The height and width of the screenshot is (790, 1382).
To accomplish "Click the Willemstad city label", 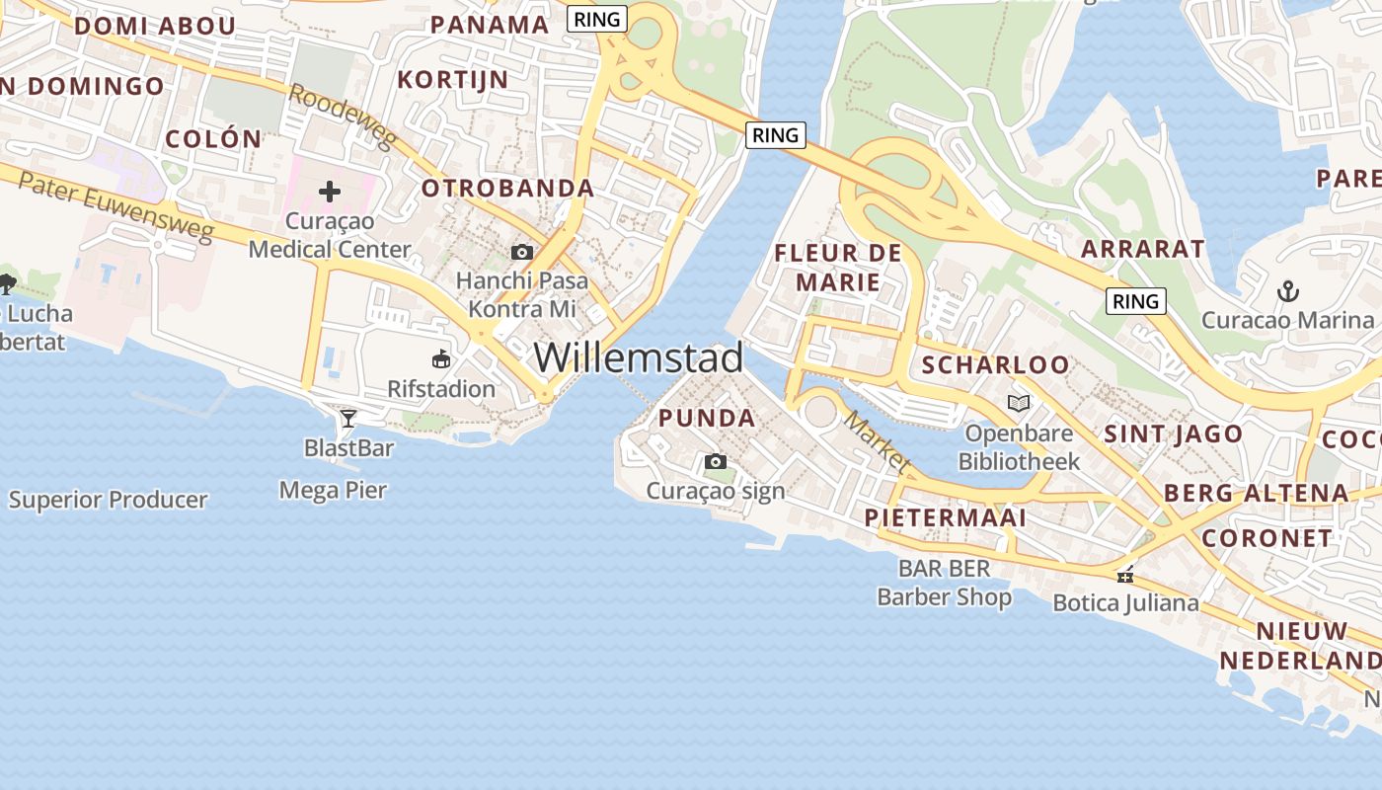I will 639,357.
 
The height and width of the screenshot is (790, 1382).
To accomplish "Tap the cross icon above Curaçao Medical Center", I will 330,192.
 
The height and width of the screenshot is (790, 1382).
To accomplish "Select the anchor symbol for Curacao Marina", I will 1287,291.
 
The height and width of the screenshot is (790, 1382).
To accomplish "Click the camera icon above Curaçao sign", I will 716,461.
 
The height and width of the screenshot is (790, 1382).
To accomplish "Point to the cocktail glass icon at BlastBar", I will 347,419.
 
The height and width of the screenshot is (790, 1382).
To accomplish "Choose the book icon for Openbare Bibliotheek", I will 1019,403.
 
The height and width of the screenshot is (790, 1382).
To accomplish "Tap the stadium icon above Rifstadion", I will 441,359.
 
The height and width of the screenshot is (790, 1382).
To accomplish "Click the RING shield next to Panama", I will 597,19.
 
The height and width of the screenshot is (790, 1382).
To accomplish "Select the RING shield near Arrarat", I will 1135,301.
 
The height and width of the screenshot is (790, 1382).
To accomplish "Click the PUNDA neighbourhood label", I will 707,418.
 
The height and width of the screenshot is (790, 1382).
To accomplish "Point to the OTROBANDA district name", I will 507,188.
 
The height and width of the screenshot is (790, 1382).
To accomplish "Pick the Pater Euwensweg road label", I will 115,206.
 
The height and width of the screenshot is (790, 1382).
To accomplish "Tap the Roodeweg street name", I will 343,116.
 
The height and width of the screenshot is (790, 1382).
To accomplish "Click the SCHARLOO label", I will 995,364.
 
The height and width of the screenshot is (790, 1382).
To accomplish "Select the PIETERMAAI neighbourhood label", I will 945,517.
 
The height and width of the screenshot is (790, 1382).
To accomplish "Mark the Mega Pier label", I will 333,490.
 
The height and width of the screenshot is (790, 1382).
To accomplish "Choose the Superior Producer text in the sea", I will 109,500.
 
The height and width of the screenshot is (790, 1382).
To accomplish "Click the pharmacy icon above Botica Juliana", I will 1124,575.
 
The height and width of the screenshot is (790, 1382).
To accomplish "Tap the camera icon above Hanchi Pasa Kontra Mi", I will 522,253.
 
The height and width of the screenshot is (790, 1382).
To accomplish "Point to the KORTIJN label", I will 452,79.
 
